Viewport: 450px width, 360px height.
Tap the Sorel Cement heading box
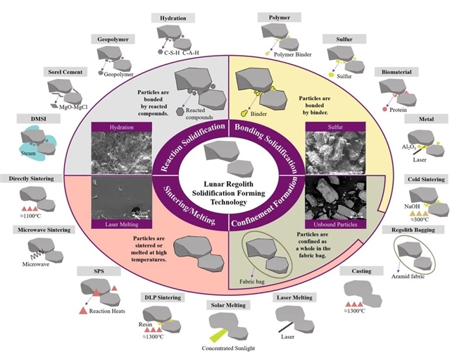pos(65,73)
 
